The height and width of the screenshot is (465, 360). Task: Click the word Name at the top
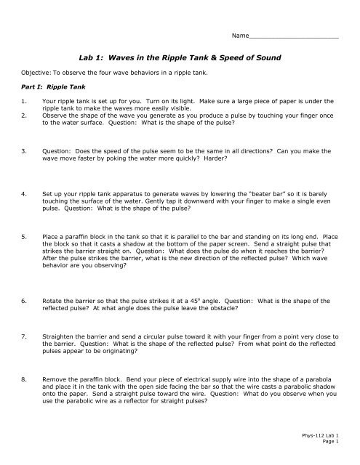239,35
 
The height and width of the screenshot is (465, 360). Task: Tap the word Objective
35,73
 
